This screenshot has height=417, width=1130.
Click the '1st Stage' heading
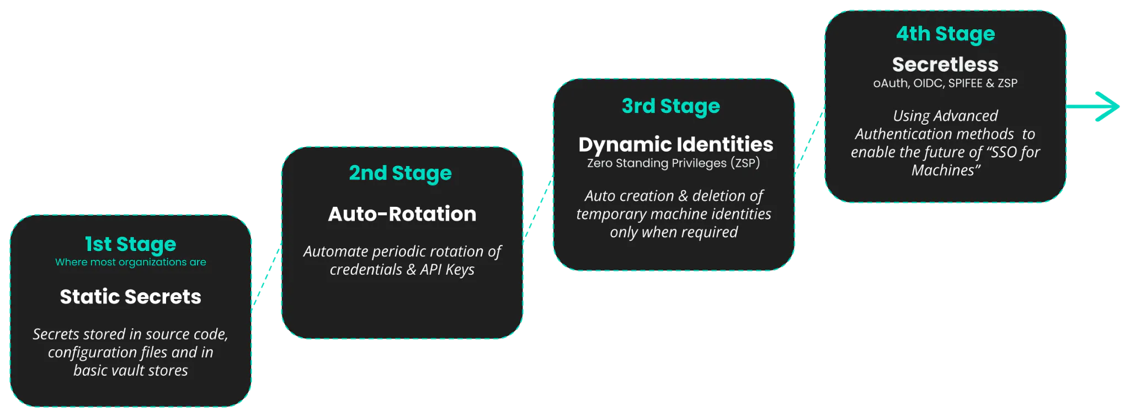[x=131, y=244]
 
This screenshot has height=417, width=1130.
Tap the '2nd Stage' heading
[x=401, y=173]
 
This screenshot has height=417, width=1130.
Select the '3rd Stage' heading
[x=671, y=106]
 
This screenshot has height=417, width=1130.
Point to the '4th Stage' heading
[x=946, y=34]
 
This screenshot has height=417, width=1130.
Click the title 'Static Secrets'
[x=131, y=297]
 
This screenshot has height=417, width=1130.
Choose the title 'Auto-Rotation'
[x=402, y=214]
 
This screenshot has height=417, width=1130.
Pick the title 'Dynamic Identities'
[x=676, y=145]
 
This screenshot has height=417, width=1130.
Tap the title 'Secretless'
[x=945, y=65]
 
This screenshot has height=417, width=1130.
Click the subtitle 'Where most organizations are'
[x=131, y=262]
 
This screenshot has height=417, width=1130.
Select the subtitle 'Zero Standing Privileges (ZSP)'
[x=674, y=163]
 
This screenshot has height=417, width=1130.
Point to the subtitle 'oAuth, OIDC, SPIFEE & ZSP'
[x=945, y=83]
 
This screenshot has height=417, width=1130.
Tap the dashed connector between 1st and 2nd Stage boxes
[x=266, y=276]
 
